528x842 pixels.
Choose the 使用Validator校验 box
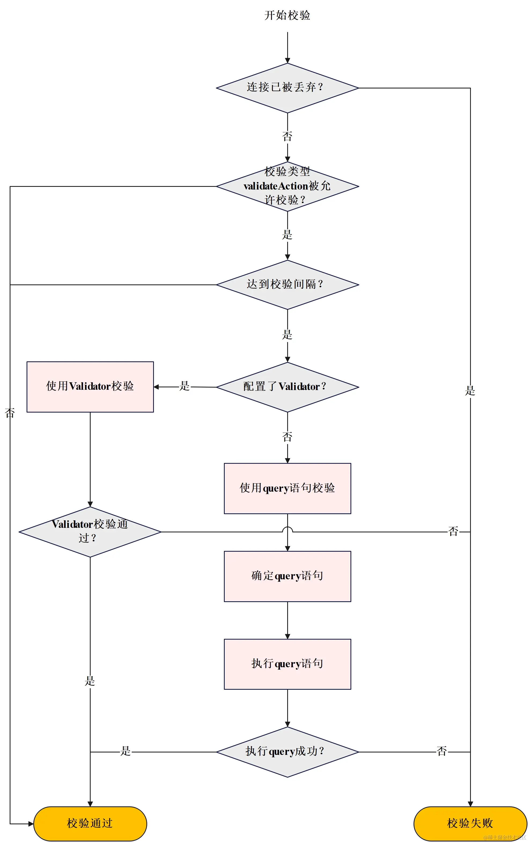click(90, 387)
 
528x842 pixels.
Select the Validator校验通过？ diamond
click(90, 532)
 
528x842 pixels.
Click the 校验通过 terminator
click(90, 823)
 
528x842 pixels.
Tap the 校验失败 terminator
click(470, 823)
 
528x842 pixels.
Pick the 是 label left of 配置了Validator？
click(184, 386)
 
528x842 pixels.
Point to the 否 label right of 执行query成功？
click(442, 751)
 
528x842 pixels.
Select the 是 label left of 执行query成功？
click(125, 751)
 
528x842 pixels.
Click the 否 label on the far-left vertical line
click(10, 413)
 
